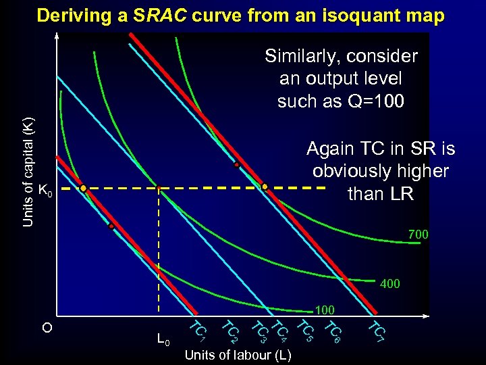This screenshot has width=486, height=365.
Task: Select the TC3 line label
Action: tap(259, 329)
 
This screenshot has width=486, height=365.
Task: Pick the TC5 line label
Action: tap(306, 329)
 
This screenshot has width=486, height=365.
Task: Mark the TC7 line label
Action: tap(376, 330)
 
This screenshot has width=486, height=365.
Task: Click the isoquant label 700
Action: tap(417, 235)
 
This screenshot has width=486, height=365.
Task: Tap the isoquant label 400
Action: tap(389, 284)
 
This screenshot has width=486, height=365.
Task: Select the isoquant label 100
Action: tap(325, 310)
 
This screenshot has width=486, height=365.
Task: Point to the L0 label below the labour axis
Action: tap(163, 338)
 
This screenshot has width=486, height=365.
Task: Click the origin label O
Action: tap(47, 328)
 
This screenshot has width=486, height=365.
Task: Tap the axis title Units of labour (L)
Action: tap(238, 354)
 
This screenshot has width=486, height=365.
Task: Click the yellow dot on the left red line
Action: tap(83, 189)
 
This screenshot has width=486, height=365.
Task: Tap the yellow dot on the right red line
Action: tap(265, 187)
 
